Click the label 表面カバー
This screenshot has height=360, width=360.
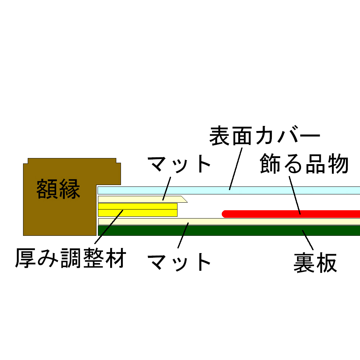click(265, 136)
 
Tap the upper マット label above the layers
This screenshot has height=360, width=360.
click(179, 165)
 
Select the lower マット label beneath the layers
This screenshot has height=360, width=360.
click(179, 262)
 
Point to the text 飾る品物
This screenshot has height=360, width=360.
click(304, 164)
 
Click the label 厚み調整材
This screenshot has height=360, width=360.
click(71, 258)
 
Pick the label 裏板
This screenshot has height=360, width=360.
click(315, 263)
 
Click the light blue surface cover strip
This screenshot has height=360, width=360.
click(288, 190)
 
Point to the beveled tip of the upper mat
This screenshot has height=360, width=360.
click(184, 199)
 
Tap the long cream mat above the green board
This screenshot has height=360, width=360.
click(252, 221)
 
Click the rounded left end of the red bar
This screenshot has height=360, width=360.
click(225, 213)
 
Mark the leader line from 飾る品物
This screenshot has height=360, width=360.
click(294, 194)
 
